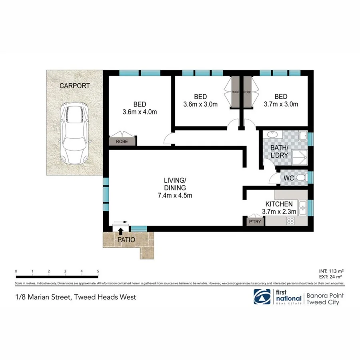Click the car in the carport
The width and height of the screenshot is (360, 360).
pos(74,133)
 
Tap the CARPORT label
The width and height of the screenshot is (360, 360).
pos(74,86)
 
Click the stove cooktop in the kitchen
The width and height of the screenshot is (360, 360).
pos(291,220)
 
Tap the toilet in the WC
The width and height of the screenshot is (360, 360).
pos(302,178)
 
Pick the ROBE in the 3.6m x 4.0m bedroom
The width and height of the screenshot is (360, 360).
pos(122,141)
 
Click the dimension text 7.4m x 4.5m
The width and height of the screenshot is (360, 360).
pos(175,196)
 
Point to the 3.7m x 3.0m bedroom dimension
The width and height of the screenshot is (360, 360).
pos(281,105)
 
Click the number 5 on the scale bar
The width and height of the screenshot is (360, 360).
pos(98,271)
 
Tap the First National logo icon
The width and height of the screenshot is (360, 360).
pos(262,297)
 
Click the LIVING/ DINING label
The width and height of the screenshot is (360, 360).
pos(175,184)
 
